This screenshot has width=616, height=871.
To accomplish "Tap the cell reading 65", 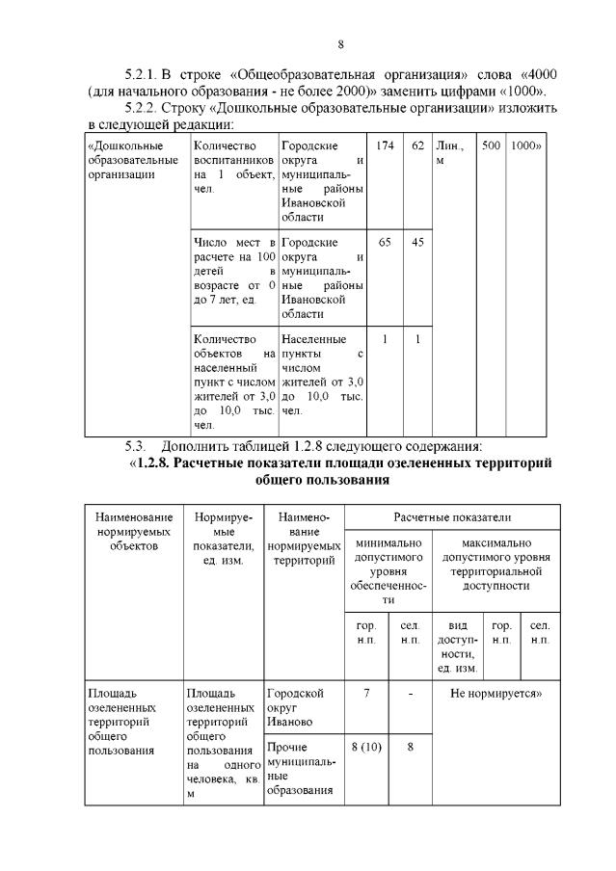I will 384,243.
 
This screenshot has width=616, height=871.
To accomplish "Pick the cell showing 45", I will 417,243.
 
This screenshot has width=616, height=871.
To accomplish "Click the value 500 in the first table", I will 491,146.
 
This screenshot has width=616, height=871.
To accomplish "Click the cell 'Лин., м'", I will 450,153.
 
